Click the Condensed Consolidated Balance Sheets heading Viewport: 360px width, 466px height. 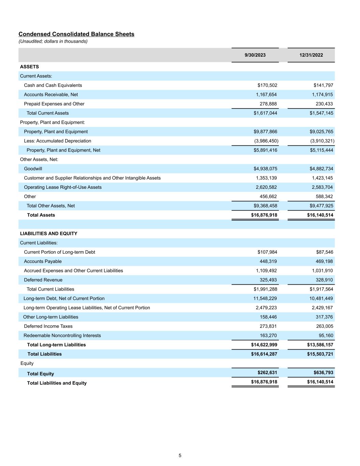76,34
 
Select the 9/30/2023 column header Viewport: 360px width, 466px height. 255,55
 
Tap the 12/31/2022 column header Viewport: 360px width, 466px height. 311,55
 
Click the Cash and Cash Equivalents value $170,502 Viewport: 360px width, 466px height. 267,85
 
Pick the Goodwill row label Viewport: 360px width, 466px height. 33,169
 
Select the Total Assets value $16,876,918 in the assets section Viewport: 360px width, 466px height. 264,215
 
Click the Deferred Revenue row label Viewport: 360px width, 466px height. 43,280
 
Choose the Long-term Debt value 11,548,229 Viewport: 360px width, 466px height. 266,298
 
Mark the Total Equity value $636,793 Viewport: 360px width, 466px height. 323,372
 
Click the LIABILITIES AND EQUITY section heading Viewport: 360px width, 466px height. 48,234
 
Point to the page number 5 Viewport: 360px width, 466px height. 180,455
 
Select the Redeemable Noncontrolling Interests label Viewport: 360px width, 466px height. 62,336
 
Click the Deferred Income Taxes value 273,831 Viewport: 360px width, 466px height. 268,326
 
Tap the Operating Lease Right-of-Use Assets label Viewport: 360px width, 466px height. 63,187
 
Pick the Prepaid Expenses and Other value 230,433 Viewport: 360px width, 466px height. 322,104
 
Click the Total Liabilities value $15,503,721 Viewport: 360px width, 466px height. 320,354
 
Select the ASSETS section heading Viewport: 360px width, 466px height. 29,67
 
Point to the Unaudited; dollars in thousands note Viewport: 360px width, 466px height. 53,41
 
